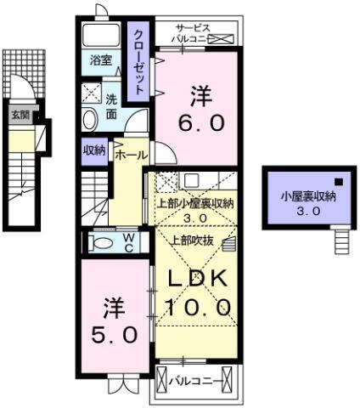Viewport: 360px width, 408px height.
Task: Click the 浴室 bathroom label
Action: (x=101, y=60)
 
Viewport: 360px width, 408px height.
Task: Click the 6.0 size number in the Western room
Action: (x=201, y=123)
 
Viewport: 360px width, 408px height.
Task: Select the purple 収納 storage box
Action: (x=94, y=150)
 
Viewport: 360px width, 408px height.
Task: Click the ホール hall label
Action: (x=131, y=155)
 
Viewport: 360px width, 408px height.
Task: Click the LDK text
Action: (x=196, y=278)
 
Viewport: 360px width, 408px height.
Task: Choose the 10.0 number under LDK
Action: (x=199, y=308)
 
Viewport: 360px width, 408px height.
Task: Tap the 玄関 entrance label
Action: (x=18, y=114)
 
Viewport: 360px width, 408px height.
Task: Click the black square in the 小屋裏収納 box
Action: (x=337, y=181)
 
